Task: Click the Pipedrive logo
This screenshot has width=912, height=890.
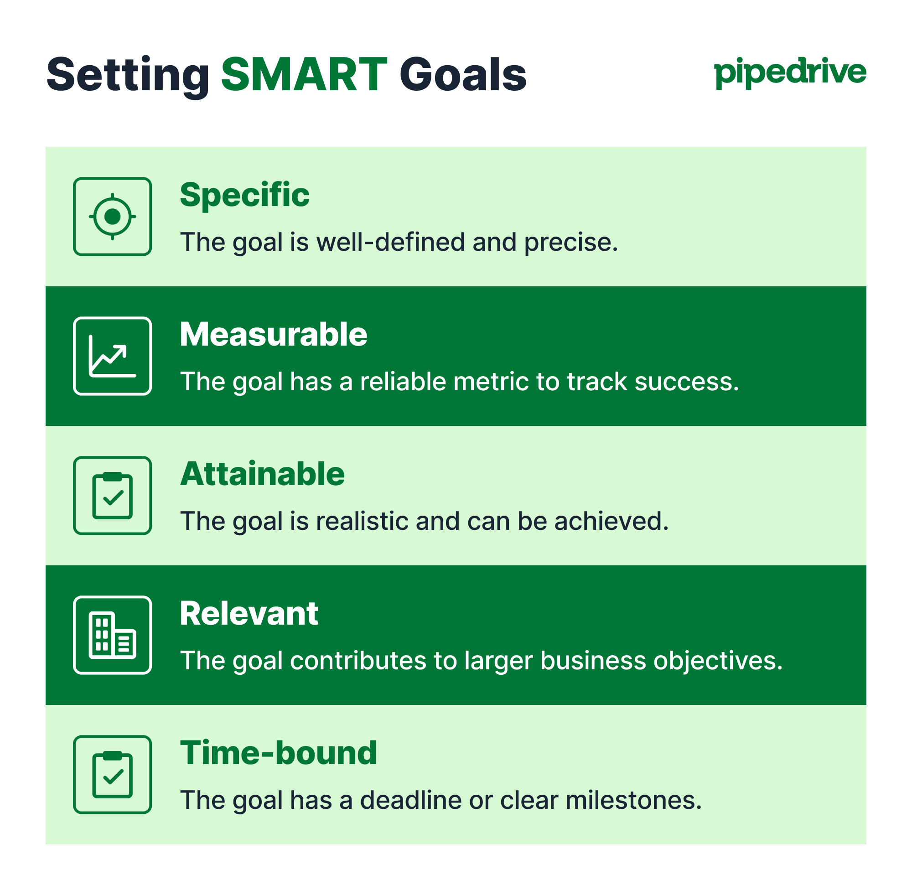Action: pyautogui.click(x=790, y=73)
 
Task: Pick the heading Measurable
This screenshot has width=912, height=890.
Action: pyautogui.click(x=274, y=334)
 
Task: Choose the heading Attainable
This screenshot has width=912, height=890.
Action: pyautogui.click(x=262, y=474)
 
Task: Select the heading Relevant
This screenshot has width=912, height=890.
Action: pyautogui.click(x=249, y=613)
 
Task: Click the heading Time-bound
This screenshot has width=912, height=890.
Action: pyautogui.click(x=278, y=753)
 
